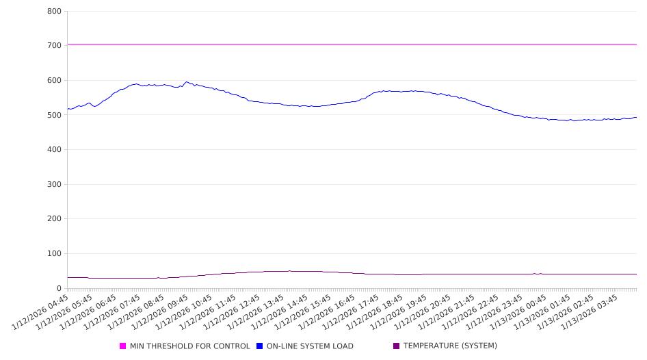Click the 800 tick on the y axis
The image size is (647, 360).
tap(55, 12)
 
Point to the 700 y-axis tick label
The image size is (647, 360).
tap(55, 46)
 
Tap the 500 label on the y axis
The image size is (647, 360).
tap(55, 115)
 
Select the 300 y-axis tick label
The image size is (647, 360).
tap(55, 185)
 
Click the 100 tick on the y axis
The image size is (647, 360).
tap(55, 254)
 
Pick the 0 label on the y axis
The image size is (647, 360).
tap(60, 289)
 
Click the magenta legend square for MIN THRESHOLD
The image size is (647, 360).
tap(123, 346)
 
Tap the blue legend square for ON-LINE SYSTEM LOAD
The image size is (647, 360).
tap(260, 346)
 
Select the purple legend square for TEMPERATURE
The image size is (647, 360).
tap(397, 346)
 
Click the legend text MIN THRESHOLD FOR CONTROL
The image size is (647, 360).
tap(189, 346)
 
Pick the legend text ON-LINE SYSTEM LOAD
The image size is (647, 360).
tap(310, 346)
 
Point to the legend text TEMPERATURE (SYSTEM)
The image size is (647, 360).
tap(450, 346)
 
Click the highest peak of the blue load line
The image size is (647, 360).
tap(186, 82)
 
